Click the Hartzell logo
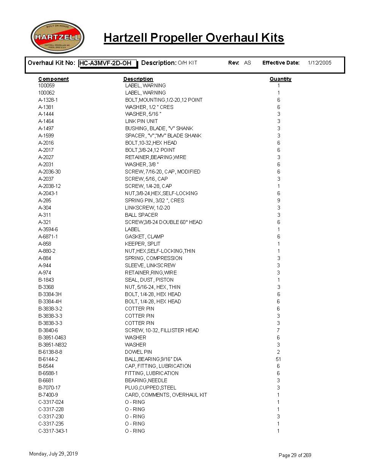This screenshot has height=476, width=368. tap(57, 37)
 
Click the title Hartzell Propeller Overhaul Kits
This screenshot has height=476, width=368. tap(194, 38)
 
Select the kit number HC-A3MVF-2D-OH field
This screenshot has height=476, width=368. tap(107, 63)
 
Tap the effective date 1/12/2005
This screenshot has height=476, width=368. tap(319, 63)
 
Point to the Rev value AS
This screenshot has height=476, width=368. tap(248, 63)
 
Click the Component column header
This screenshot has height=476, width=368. tap(54, 79)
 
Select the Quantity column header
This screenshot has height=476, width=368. tap(280, 79)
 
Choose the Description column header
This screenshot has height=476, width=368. tap(138, 79)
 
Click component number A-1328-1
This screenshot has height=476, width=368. tap(48, 100)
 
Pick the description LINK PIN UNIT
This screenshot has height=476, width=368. tap(141, 121)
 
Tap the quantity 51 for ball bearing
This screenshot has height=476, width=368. tap(278, 359)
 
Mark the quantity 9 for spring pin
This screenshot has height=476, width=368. tap(278, 200)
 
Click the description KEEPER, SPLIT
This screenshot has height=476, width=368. tap(142, 244)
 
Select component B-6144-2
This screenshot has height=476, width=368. tap(48, 359)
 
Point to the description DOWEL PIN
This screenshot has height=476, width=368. tap(138, 352)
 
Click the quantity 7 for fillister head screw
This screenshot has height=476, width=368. tap(278, 330)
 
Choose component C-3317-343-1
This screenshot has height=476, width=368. tap(53, 431)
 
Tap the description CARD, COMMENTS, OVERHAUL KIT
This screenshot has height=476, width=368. tap(166, 395)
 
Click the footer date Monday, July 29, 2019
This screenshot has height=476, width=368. tap(54, 454)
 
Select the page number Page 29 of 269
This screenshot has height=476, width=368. tap(295, 455)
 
